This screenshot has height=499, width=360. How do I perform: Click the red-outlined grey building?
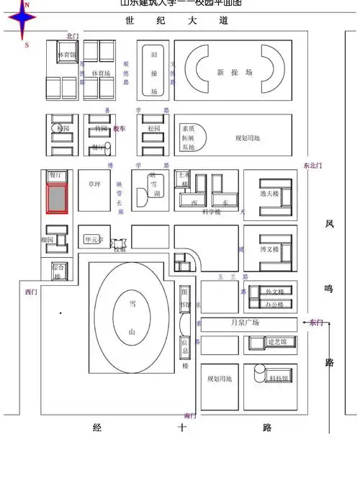[x=56, y=198]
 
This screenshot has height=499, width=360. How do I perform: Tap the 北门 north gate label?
[x=71, y=35]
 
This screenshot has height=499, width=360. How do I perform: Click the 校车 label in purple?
[x=120, y=128]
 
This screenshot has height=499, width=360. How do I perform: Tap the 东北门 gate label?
[x=312, y=166]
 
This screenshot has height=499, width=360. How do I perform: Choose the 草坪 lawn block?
[x=92, y=184]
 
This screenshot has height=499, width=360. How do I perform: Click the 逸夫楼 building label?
[x=269, y=194]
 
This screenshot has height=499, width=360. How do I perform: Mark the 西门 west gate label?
[x=30, y=292]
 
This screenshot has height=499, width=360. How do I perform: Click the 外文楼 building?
[x=275, y=291]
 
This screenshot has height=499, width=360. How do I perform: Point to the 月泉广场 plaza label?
[x=244, y=323]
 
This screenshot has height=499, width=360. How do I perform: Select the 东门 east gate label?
[x=315, y=323]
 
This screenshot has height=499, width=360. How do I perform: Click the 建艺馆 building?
[x=277, y=341]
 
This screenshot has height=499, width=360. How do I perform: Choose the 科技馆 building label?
[x=279, y=378]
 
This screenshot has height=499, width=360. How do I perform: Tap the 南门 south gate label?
[x=189, y=415]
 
